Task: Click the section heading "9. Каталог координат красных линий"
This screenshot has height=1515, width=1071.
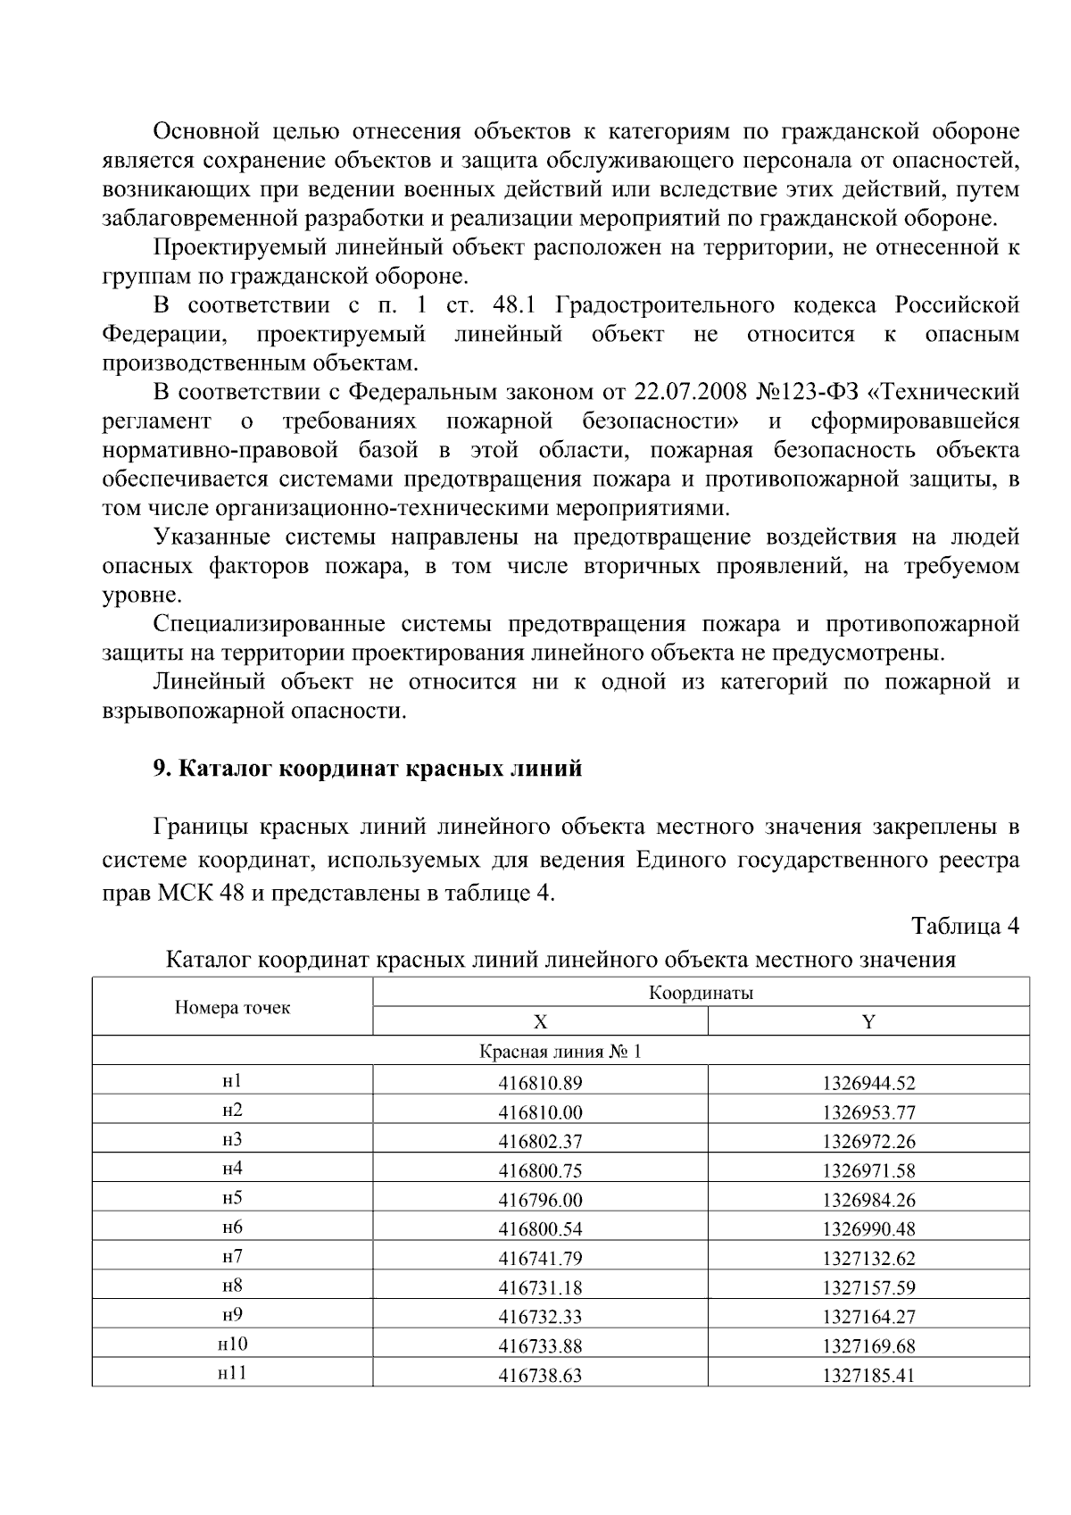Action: coord(367,769)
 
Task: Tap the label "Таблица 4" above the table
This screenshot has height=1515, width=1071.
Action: coord(965,926)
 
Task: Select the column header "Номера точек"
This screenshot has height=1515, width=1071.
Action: coord(232,1008)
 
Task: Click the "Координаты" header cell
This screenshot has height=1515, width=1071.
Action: coord(701,993)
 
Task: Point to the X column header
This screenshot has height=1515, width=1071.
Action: coord(540,1022)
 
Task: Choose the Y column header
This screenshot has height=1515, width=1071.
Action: coord(868,1022)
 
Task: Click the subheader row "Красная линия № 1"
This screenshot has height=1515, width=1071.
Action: coord(560,1052)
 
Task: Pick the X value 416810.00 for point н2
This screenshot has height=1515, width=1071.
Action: coord(540,1112)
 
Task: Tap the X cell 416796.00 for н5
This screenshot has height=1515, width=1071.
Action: coord(540,1200)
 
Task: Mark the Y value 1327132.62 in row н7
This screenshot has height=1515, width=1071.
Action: coord(868,1259)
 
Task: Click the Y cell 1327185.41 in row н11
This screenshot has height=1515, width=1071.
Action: coord(868,1376)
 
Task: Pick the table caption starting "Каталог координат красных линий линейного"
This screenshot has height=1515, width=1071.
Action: coord(560,961)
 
